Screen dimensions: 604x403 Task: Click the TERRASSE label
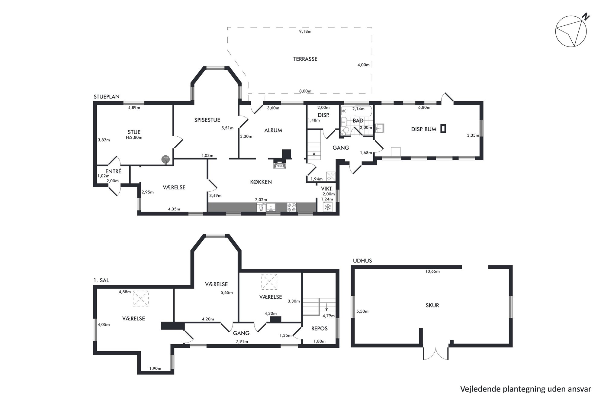pyautogui.click(x=305, y=59)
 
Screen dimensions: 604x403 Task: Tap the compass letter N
pyautogui.click(x=586, y=17)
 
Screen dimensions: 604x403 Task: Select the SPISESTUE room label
pyautogui.click(x=207, y=120)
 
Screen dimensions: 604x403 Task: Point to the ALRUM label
pyautogui.click(x=273, y=130)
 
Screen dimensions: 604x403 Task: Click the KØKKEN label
pyautogui.click(x=261, y=182)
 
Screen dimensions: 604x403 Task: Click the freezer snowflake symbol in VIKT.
pyautogui.click(x=328, y=207)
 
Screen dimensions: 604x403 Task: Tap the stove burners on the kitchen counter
pyautogui.click(x=292, y=207)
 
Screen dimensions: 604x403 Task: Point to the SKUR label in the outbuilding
pyautogui.click(x=432, y=305)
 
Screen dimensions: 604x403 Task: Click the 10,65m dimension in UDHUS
pyautogui.click(x=432, y=271)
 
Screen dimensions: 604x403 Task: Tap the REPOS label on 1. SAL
pyautogui.click(x=319, y=328)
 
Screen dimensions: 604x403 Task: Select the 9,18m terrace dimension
pyautogui.click(x=305, y=31)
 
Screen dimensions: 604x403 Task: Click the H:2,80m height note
pyautogui.click(x=134, y=137)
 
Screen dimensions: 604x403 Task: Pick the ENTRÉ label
pyautogui.click(x=113, y=171)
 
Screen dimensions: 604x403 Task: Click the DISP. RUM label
pyautogui.click(x=424, y=129)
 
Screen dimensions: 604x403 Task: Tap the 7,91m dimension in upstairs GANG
pyautogui.click(x=242, y=342)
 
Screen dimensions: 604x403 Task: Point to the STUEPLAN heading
pyautogui.click(x=107, y=97)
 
